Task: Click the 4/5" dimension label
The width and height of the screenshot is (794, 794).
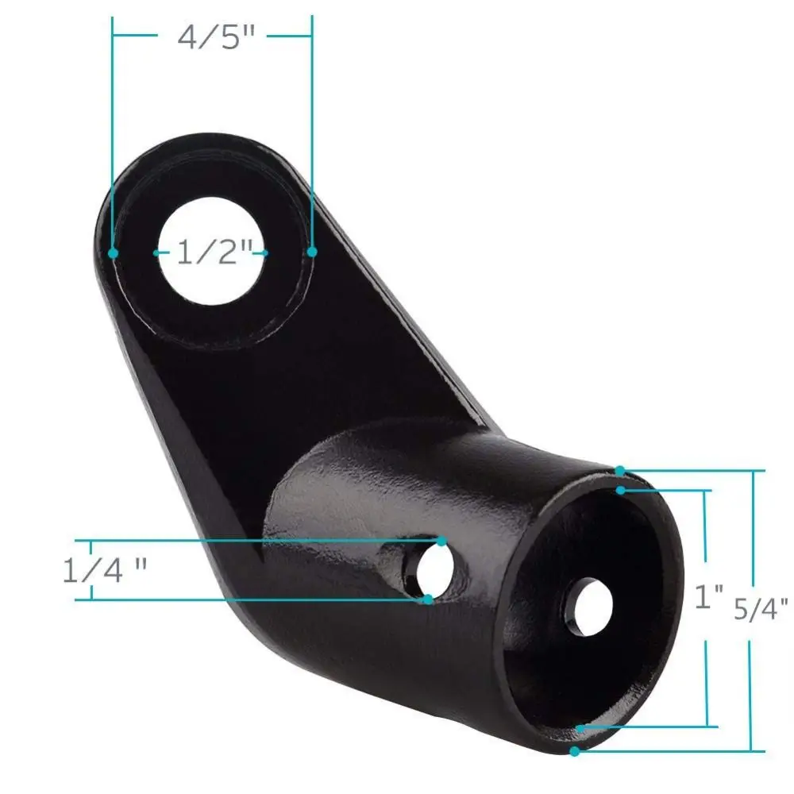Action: coord(216,37)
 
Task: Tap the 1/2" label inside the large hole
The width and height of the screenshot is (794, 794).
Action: coord(214,252)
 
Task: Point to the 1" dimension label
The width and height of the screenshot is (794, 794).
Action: coord(709,596)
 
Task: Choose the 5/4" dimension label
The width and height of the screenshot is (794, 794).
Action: coord(761,609)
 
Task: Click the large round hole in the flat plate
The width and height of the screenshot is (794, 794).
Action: coord(212,251)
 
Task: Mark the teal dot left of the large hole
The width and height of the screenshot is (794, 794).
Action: coord(114,252)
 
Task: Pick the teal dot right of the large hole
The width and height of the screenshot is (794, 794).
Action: coord(312,252)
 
